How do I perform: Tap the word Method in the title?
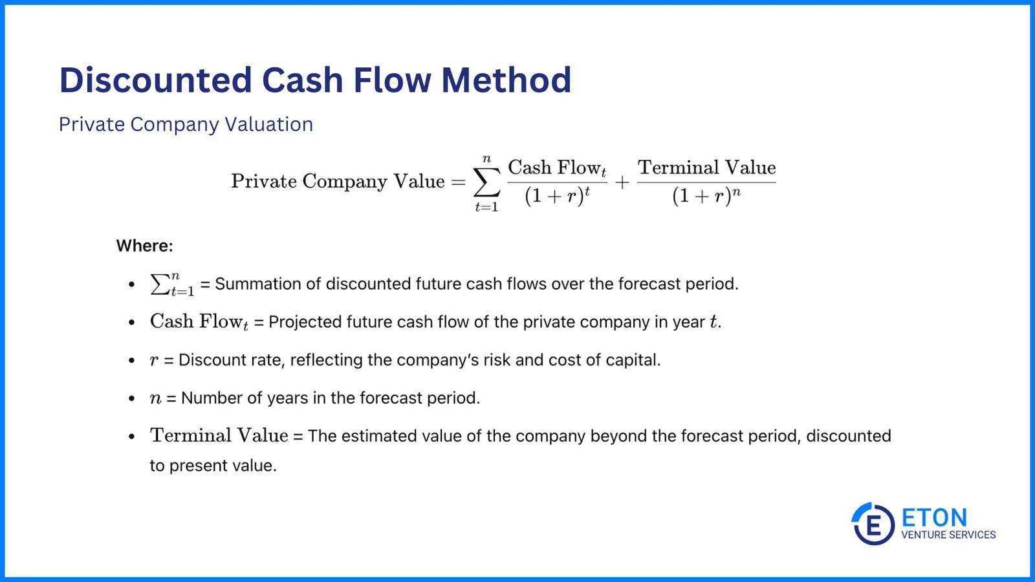506,80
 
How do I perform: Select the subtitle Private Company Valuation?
186,124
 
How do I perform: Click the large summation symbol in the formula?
486,182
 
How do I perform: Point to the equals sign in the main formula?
458,182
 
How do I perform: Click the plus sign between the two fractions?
622,183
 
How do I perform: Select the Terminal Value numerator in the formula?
706,167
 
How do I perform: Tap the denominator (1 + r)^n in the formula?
706,195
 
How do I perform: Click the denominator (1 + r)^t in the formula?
557,195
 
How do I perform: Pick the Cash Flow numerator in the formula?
557,168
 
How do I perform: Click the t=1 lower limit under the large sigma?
486,208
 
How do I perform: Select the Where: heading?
144,246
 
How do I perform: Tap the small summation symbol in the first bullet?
160,284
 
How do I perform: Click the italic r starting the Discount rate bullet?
154,360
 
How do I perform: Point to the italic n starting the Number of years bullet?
155,398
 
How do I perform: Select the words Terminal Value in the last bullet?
219,435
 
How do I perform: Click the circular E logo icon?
873,524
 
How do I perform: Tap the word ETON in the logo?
934,517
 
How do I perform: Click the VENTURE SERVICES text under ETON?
948,535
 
